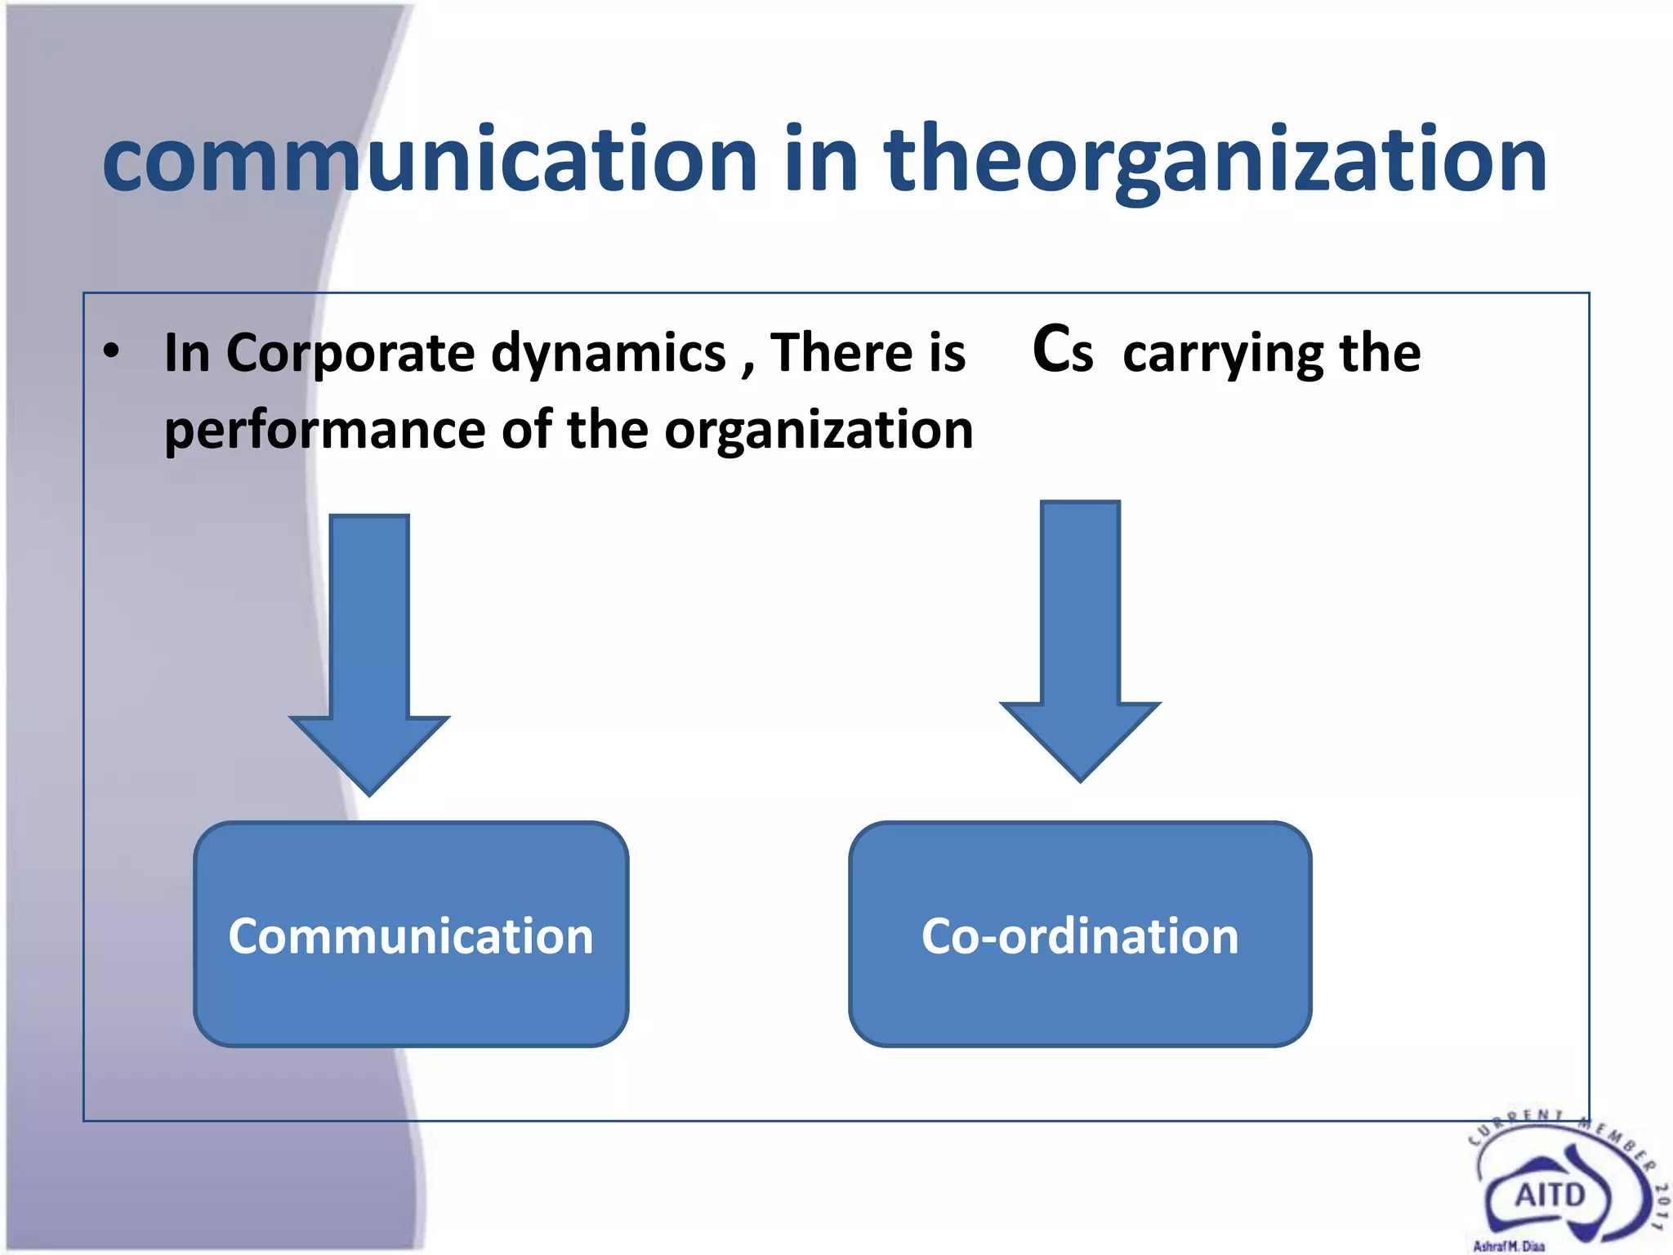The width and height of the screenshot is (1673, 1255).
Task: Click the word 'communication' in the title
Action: tap(430, 159)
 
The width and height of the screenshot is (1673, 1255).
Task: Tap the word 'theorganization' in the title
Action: tap(1215, 159)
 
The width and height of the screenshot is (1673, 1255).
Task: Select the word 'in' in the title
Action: tap(821, 159)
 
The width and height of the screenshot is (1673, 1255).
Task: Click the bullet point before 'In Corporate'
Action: tap(112, 351)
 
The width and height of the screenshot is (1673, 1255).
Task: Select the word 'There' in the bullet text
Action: tap(841, 353)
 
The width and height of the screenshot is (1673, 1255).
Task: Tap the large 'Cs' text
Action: tap(1062, 350)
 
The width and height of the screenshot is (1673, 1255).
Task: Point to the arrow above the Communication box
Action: tap(369, 654)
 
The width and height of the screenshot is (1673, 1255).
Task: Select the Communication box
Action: tap(411, 934)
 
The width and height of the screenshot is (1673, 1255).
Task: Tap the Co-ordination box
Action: tap(1080, 934)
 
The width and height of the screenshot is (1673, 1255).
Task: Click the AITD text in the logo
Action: tap(1550, 1195)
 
